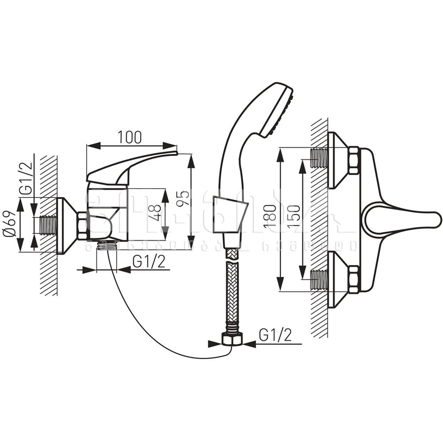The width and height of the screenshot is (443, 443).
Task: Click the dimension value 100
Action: pyautogui.click(x=130, y=137)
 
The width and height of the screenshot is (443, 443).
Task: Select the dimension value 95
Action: pyautogui.click(x=183, y=198)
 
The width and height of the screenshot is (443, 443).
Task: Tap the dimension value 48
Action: pyautogui.click(x=157, y=213)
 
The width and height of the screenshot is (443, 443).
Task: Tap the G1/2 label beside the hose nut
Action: pyautogui.click(x=275, y=335)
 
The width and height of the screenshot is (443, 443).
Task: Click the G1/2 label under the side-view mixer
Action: pyautogui.click(x=149, y=261)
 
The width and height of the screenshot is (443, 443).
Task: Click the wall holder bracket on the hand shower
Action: pyautogui.click(x=230, y=215)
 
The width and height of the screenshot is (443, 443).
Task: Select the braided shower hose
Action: pyautogui.click(x=232, y=291)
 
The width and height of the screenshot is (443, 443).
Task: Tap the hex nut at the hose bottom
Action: pyautogui.click(x=232, y=339)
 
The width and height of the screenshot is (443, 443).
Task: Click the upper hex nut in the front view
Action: pyautogui.click(x=353, y=160)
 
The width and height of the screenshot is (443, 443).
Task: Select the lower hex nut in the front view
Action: pyautogui.click(x=353, y=279)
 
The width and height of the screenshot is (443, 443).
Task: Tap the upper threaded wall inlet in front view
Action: pyautogui.click(x=319, y=158)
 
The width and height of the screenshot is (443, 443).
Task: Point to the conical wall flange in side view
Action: pyautogui.click(x=66, y=226)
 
